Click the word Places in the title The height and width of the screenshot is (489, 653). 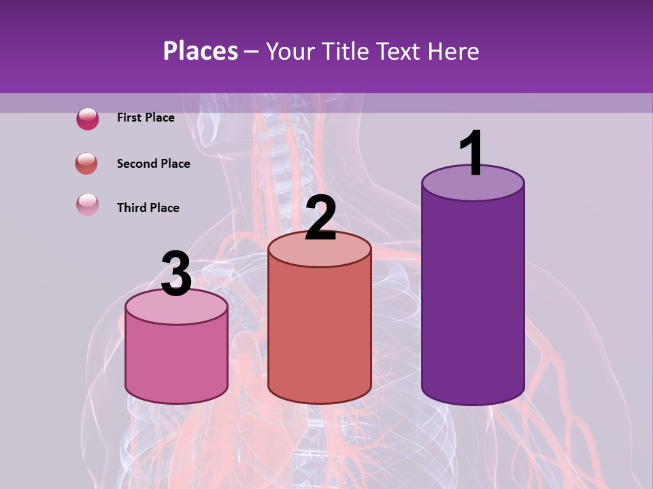(201, 51)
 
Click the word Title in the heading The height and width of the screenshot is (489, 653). (342, 51)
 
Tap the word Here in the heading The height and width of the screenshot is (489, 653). (454, 51)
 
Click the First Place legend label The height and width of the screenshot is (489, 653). (146, 117)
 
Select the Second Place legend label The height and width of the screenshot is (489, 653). (153, 164)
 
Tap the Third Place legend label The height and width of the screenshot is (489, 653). (148, 208)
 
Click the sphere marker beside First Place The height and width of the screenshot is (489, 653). (88, 119)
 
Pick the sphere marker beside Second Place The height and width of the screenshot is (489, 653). (87, 164)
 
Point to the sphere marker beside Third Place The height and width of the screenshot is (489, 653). (88, 205)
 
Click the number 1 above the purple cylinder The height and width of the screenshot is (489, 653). (471, 153)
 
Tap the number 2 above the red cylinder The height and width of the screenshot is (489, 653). (320, 218)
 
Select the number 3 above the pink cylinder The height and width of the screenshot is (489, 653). (176, 274)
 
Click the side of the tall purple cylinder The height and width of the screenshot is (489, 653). (473, 299)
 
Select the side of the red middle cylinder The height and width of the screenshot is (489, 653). (320, 333)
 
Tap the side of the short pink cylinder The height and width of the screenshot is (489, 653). (176, 360)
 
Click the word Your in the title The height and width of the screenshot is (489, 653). (290, 51)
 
